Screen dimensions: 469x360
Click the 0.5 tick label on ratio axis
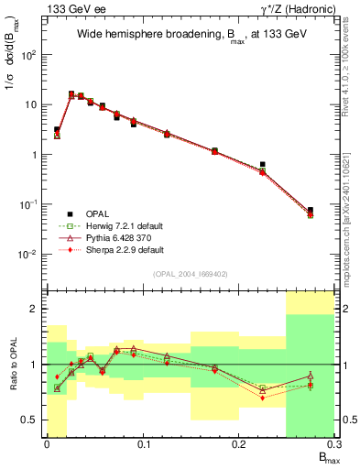pos(32,420)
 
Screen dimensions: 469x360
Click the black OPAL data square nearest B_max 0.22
pos(263,165)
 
